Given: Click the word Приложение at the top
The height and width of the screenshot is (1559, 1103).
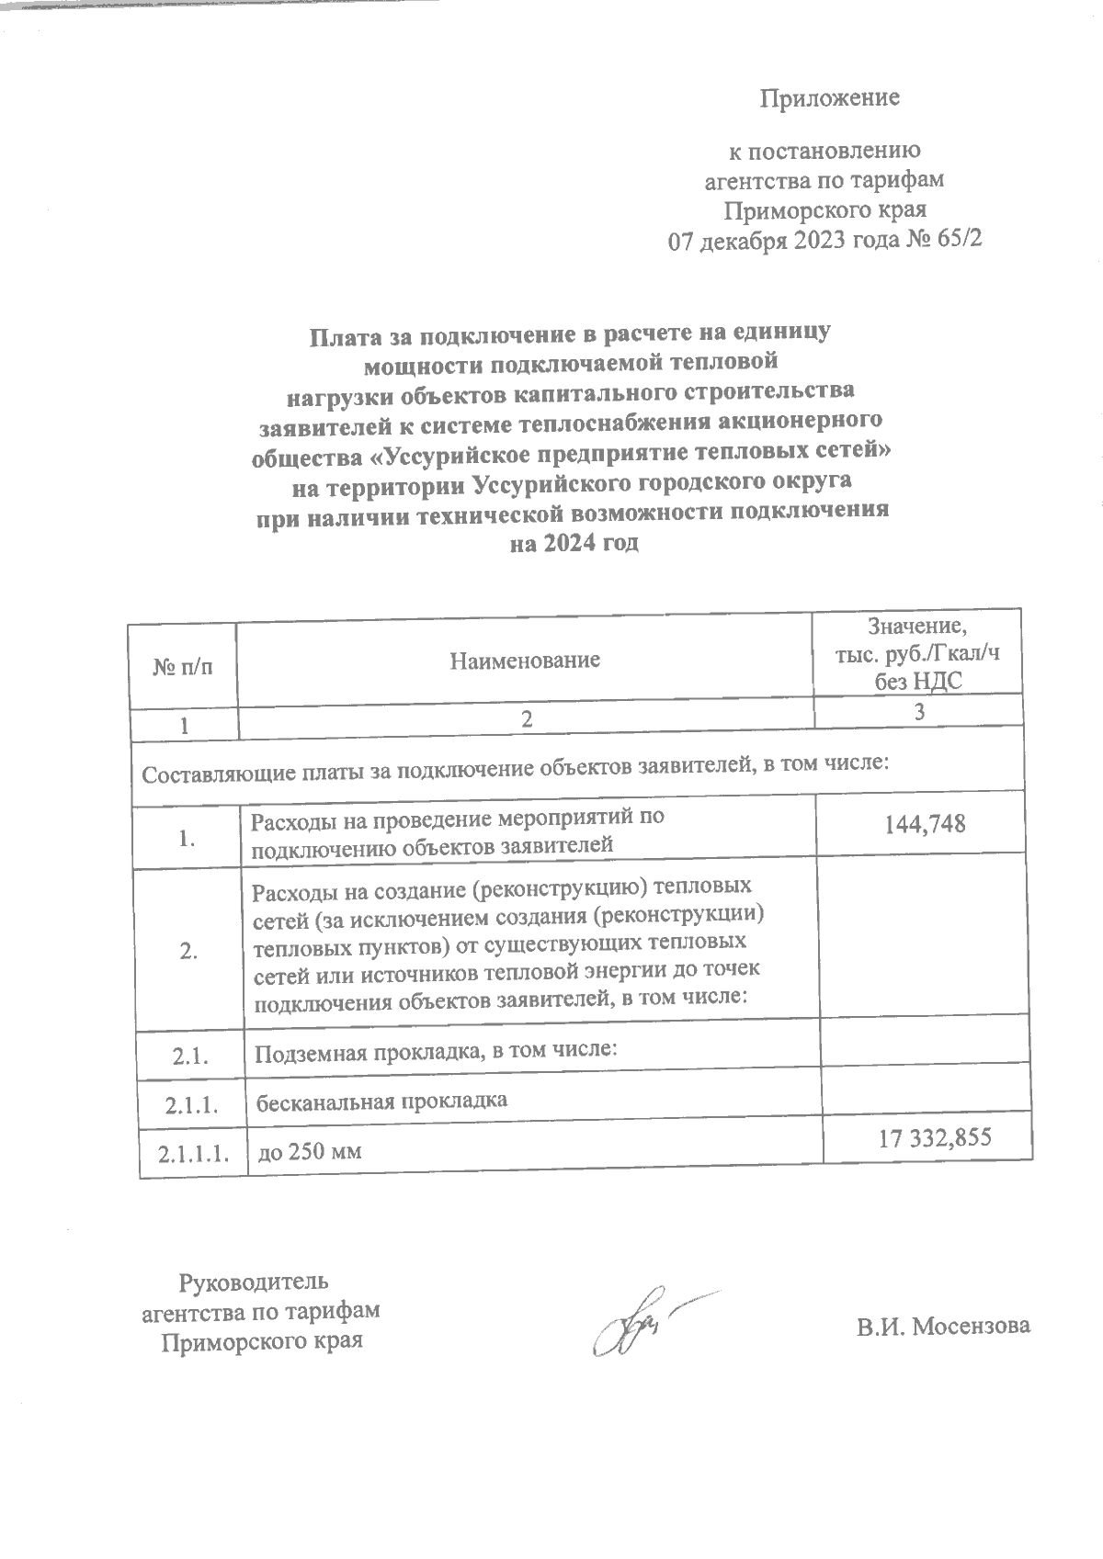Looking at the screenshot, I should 828,98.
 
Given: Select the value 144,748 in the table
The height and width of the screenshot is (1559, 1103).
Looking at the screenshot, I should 925,822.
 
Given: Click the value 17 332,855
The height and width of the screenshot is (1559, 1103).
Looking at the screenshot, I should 935,1138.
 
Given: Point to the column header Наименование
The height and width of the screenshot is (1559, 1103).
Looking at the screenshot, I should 525,659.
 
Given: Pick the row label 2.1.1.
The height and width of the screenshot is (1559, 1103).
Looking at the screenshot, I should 192,1106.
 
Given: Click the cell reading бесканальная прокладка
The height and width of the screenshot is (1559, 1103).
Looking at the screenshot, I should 381,1100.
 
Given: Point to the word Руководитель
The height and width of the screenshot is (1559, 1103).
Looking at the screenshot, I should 254,1281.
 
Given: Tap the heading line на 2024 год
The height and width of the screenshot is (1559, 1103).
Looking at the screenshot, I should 574,543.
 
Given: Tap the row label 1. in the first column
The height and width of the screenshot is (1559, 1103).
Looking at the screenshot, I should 188,838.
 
